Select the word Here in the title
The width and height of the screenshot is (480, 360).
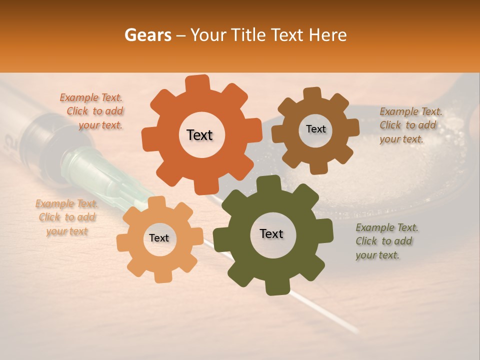(x=328, y=35)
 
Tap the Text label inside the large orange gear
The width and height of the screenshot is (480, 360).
(x=199, y=135)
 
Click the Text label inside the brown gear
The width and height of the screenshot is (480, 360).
(x=315, y=129)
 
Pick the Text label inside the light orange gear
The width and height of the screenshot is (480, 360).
(x=159, y=238)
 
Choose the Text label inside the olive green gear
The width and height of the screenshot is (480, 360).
(x=271, y=233)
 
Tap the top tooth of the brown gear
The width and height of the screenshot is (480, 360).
(x=312, y=94)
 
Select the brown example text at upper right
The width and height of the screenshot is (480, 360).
(x=410, y=125)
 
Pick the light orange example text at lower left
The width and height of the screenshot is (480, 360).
(x=66, y=217)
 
